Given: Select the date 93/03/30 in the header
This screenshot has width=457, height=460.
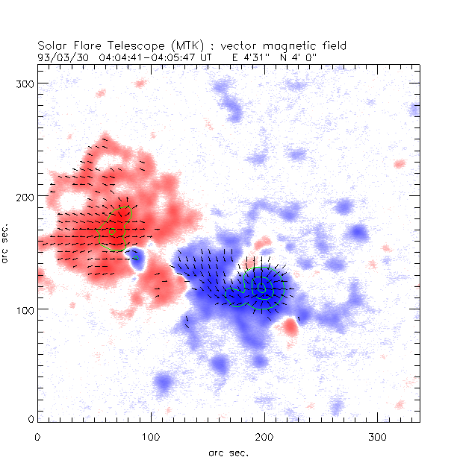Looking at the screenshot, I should point(62,56).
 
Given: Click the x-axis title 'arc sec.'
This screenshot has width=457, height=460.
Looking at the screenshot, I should point(228,451).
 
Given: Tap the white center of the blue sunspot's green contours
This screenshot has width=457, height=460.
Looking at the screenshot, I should point(261,287).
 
